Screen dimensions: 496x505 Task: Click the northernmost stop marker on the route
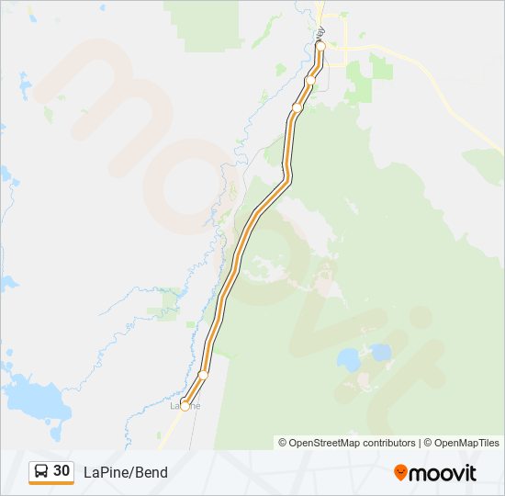(320, 45)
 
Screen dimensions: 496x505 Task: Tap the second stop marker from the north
(310, 81)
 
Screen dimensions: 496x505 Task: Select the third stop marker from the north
(297, 108)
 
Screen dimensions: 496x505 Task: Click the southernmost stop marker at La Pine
(185, 406)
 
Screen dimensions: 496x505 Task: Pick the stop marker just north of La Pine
(203, 375)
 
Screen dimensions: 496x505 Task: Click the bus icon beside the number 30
(41, 471)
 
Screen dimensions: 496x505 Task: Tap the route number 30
(62, 470)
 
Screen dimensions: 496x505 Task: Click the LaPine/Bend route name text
(126, 472)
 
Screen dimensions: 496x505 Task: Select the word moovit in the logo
(443, 473)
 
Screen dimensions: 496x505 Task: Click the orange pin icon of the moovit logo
(401, 472)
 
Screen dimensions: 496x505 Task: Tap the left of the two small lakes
(349, 358)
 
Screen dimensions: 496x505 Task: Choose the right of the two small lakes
(380, 352)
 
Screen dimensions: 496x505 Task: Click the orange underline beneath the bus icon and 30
(51, 483)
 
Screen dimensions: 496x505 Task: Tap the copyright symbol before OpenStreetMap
(283, 443)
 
